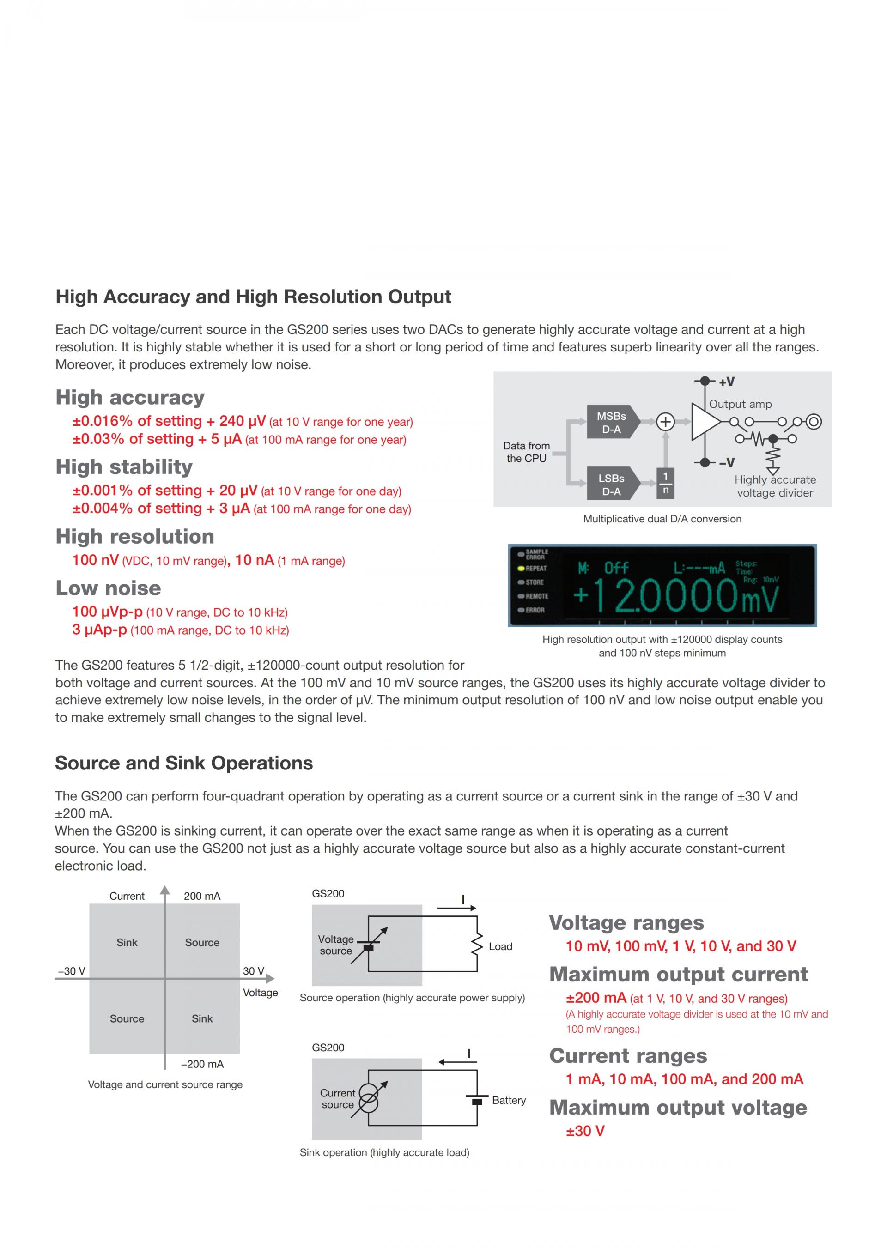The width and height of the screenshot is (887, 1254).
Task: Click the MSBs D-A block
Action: click(611, 422)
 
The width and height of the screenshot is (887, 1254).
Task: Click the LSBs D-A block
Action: click(611, 484)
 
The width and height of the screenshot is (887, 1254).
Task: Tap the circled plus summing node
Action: click(665, 422)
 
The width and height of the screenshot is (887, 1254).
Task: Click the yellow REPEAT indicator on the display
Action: click(522, 568)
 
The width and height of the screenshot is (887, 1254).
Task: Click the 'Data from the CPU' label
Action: click(526, 452)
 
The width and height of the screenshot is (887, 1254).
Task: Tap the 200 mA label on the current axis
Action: click(201, 896)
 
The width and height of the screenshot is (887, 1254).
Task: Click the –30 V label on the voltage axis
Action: click(72, 971)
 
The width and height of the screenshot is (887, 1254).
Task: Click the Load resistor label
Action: click(500, 946)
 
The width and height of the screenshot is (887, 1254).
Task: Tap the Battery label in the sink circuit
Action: click(509, 1100)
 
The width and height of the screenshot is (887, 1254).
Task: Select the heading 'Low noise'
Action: click(108, 588)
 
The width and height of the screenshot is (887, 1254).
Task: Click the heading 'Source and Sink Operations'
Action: click(184, 763)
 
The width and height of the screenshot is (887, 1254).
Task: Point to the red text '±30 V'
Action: click(585, 1131)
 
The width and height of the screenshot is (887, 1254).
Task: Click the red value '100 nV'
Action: click(95, 560)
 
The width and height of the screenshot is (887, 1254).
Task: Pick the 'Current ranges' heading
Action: click(628, 1056)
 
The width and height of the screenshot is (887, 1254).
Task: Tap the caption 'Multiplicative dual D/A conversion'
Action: click(662, 519)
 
